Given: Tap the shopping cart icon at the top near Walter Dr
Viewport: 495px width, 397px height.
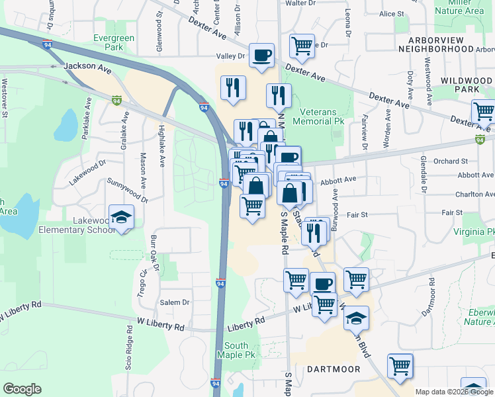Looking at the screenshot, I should [x=302, y=46].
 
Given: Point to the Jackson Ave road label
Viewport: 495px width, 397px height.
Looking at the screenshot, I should [x=87, y=67].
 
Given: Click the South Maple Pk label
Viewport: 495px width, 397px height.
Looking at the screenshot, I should [x=236, y=350].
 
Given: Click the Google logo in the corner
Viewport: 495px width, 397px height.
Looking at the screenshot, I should [x=22, y=389].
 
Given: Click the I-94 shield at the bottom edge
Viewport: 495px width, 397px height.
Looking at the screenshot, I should [x=216, y=384].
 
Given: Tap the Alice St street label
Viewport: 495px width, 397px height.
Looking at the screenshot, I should [x=391, y=13].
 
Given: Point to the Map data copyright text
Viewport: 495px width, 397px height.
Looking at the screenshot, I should [x=454, y=392].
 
